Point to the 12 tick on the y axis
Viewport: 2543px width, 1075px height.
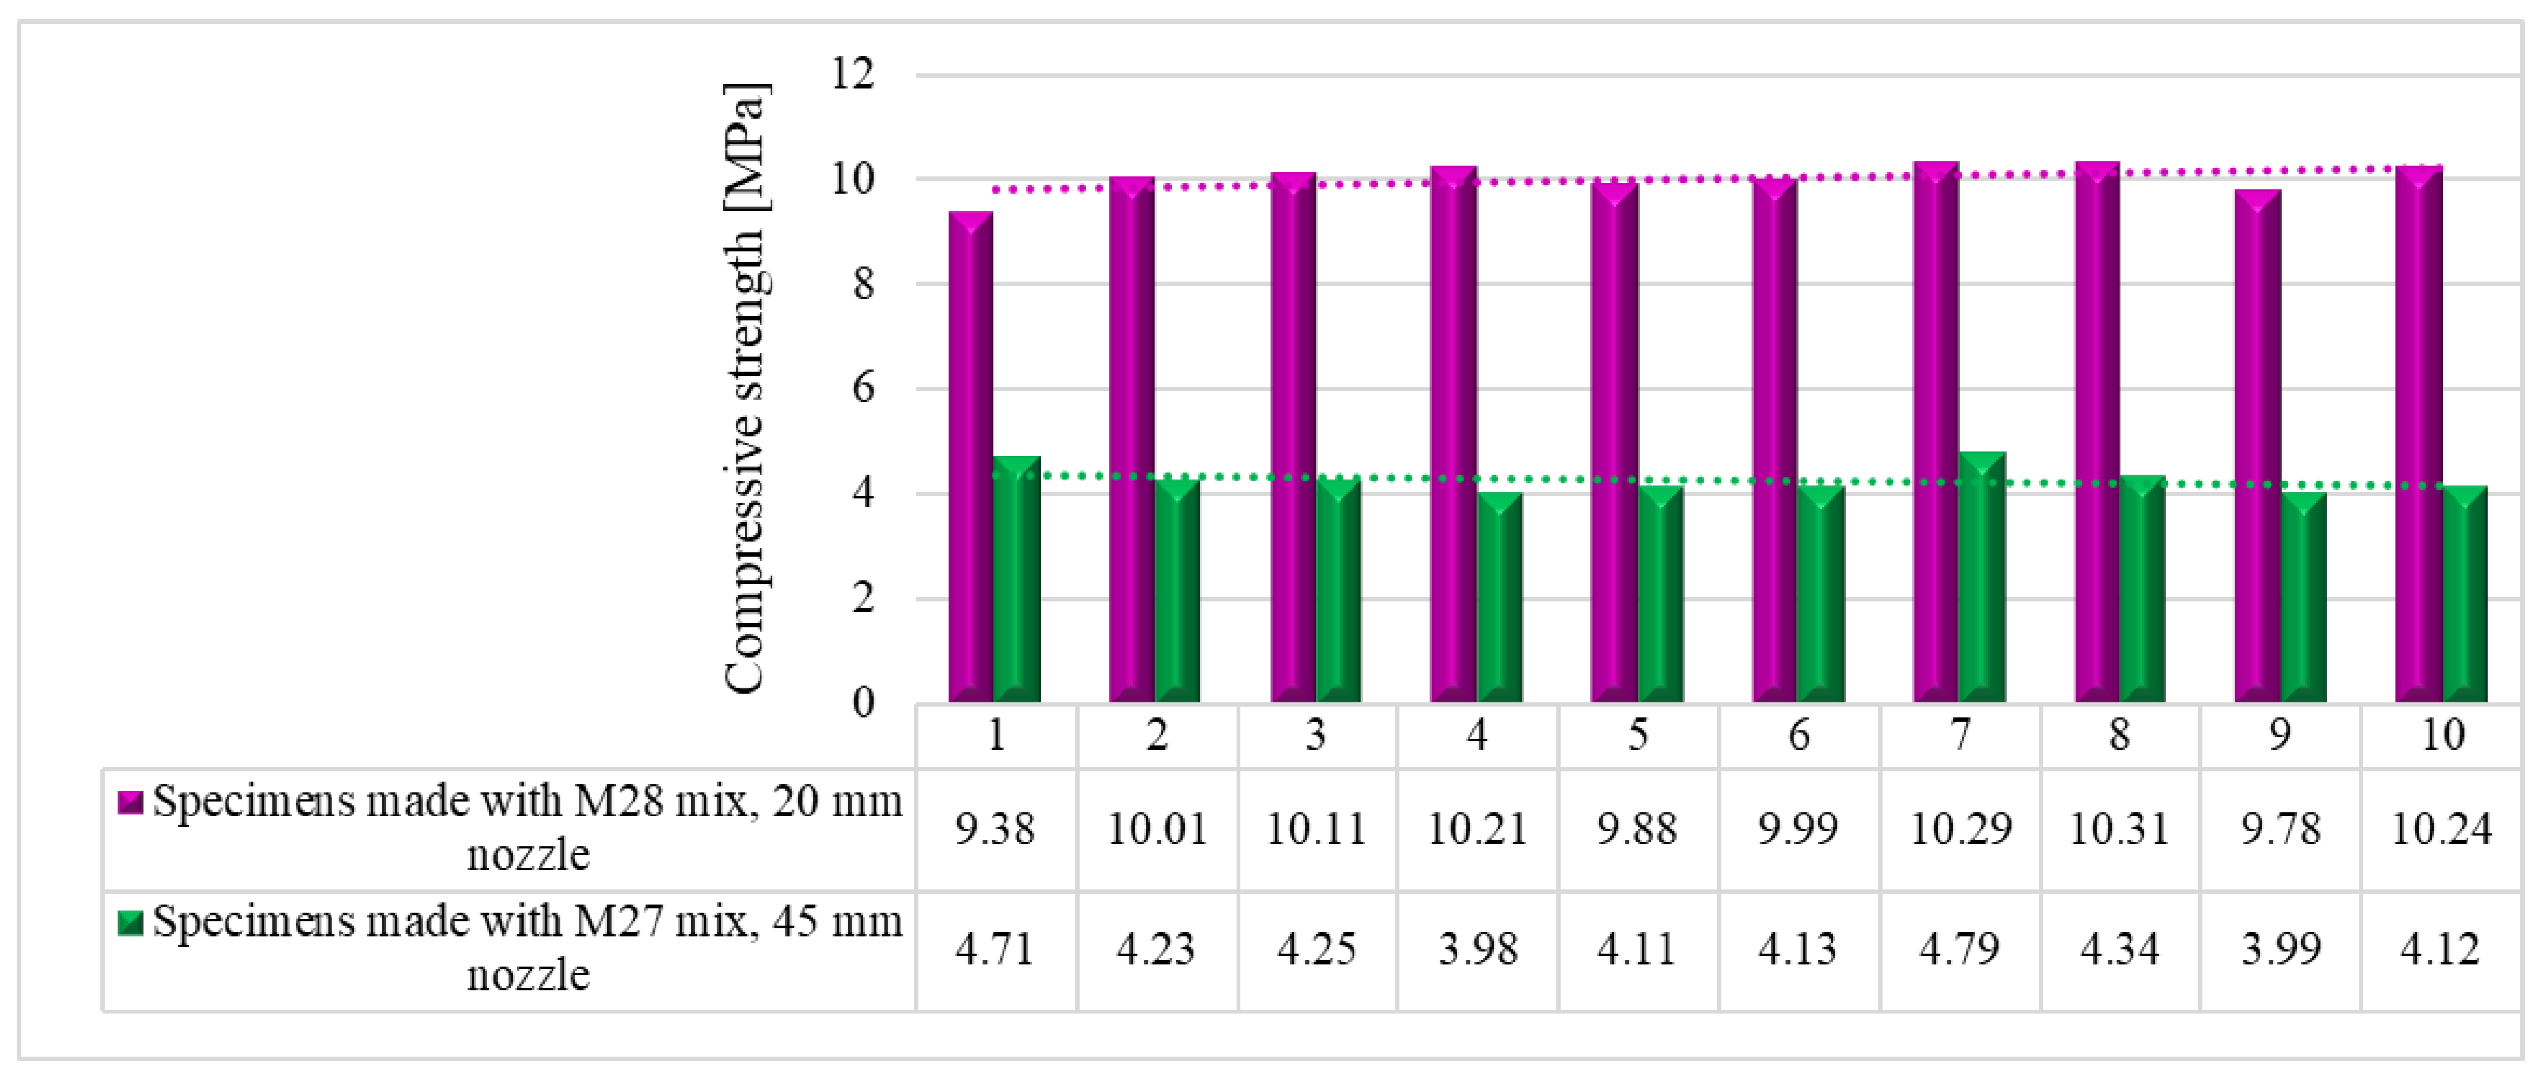853,74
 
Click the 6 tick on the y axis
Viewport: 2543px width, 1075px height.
863,388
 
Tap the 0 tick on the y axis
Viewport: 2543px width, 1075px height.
863,703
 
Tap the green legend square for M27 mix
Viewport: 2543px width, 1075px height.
130,923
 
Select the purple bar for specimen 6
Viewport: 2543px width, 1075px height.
1774,441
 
